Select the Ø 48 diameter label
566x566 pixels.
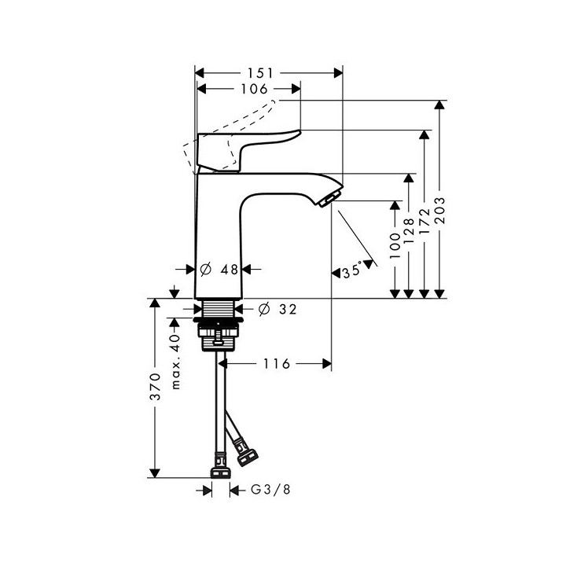pos(219,269)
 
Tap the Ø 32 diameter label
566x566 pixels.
pos(277,310)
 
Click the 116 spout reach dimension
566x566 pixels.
pos(277,363)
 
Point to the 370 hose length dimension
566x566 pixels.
pos(156,387)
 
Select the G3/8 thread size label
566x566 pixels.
pos(263,490)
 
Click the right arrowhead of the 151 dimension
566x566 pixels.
pos(339,72)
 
